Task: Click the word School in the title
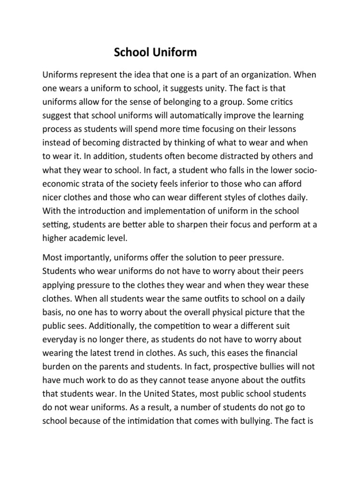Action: click(132, 53)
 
